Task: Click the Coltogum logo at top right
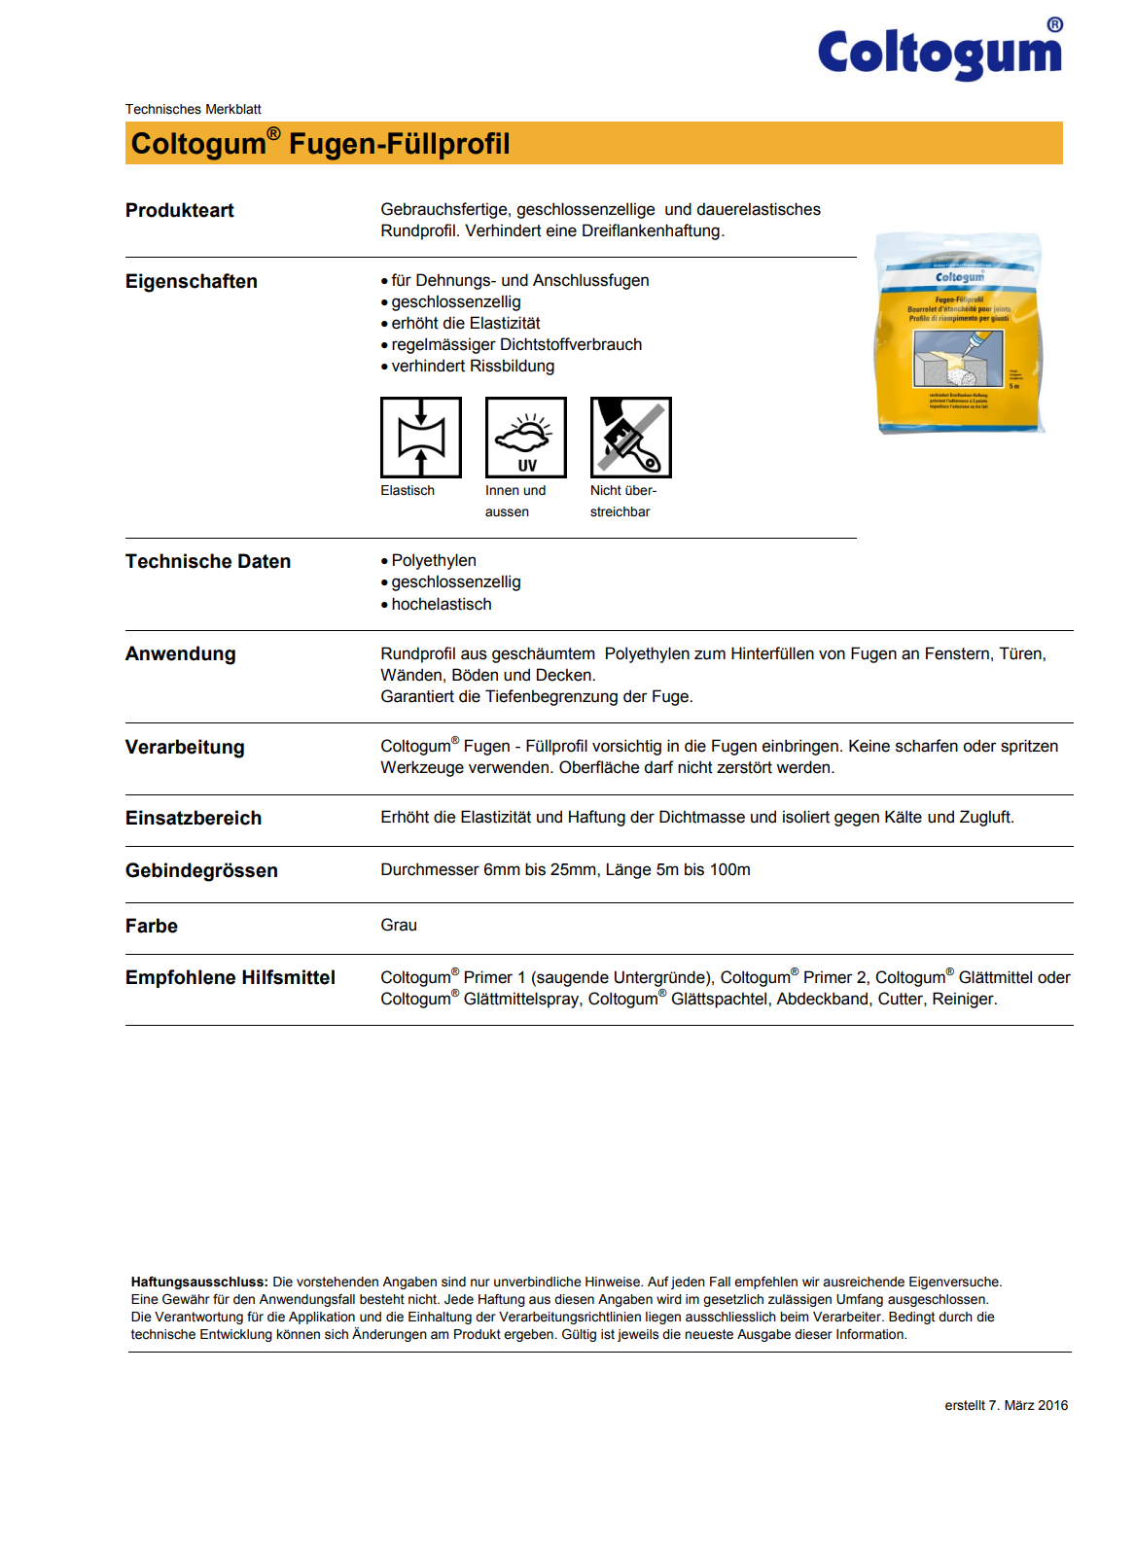(x=940, y=53)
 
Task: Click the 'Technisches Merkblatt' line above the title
(x=193, y=109)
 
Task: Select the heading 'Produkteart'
(x=180, y=210)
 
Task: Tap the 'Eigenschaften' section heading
(x=192, y=281)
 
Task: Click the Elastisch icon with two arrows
(x=421, y=438)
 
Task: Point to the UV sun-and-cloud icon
(x=526, y=438)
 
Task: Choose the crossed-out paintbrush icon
(x=630, y=438)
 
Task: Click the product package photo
(x=959, y=333)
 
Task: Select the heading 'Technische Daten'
(x=208, y=561)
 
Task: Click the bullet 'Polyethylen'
(x=434, y=560)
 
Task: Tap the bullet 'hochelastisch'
(x=442, y=604)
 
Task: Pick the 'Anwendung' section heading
(x=181, y=653)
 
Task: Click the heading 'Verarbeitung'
(x=185, y=747)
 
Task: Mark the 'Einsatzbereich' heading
(x=194, y=818)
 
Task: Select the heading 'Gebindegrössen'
(x=201, y=870)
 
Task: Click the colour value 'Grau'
(x=399, y=925)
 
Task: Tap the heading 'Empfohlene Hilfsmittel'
(x=231, y=977)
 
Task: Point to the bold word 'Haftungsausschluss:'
(x=199, y=1282)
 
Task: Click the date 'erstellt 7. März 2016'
(x=1006, y=1405)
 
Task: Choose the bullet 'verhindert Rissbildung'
(x=473, y=366)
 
